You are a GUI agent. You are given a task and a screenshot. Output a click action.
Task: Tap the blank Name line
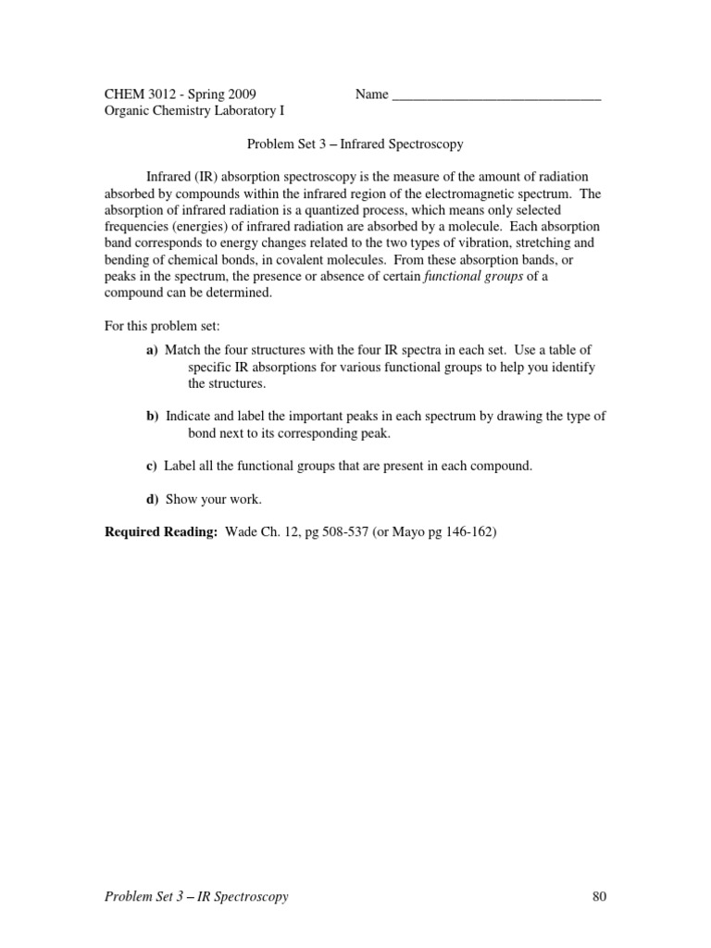click(x=497, y=95)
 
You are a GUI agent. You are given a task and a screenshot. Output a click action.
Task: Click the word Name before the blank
click(x=371, y=94)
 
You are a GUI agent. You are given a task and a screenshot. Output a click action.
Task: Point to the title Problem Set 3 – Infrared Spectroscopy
click(x=355, y=144)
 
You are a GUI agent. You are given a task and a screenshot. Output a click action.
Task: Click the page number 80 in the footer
click(x=597, y=896)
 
